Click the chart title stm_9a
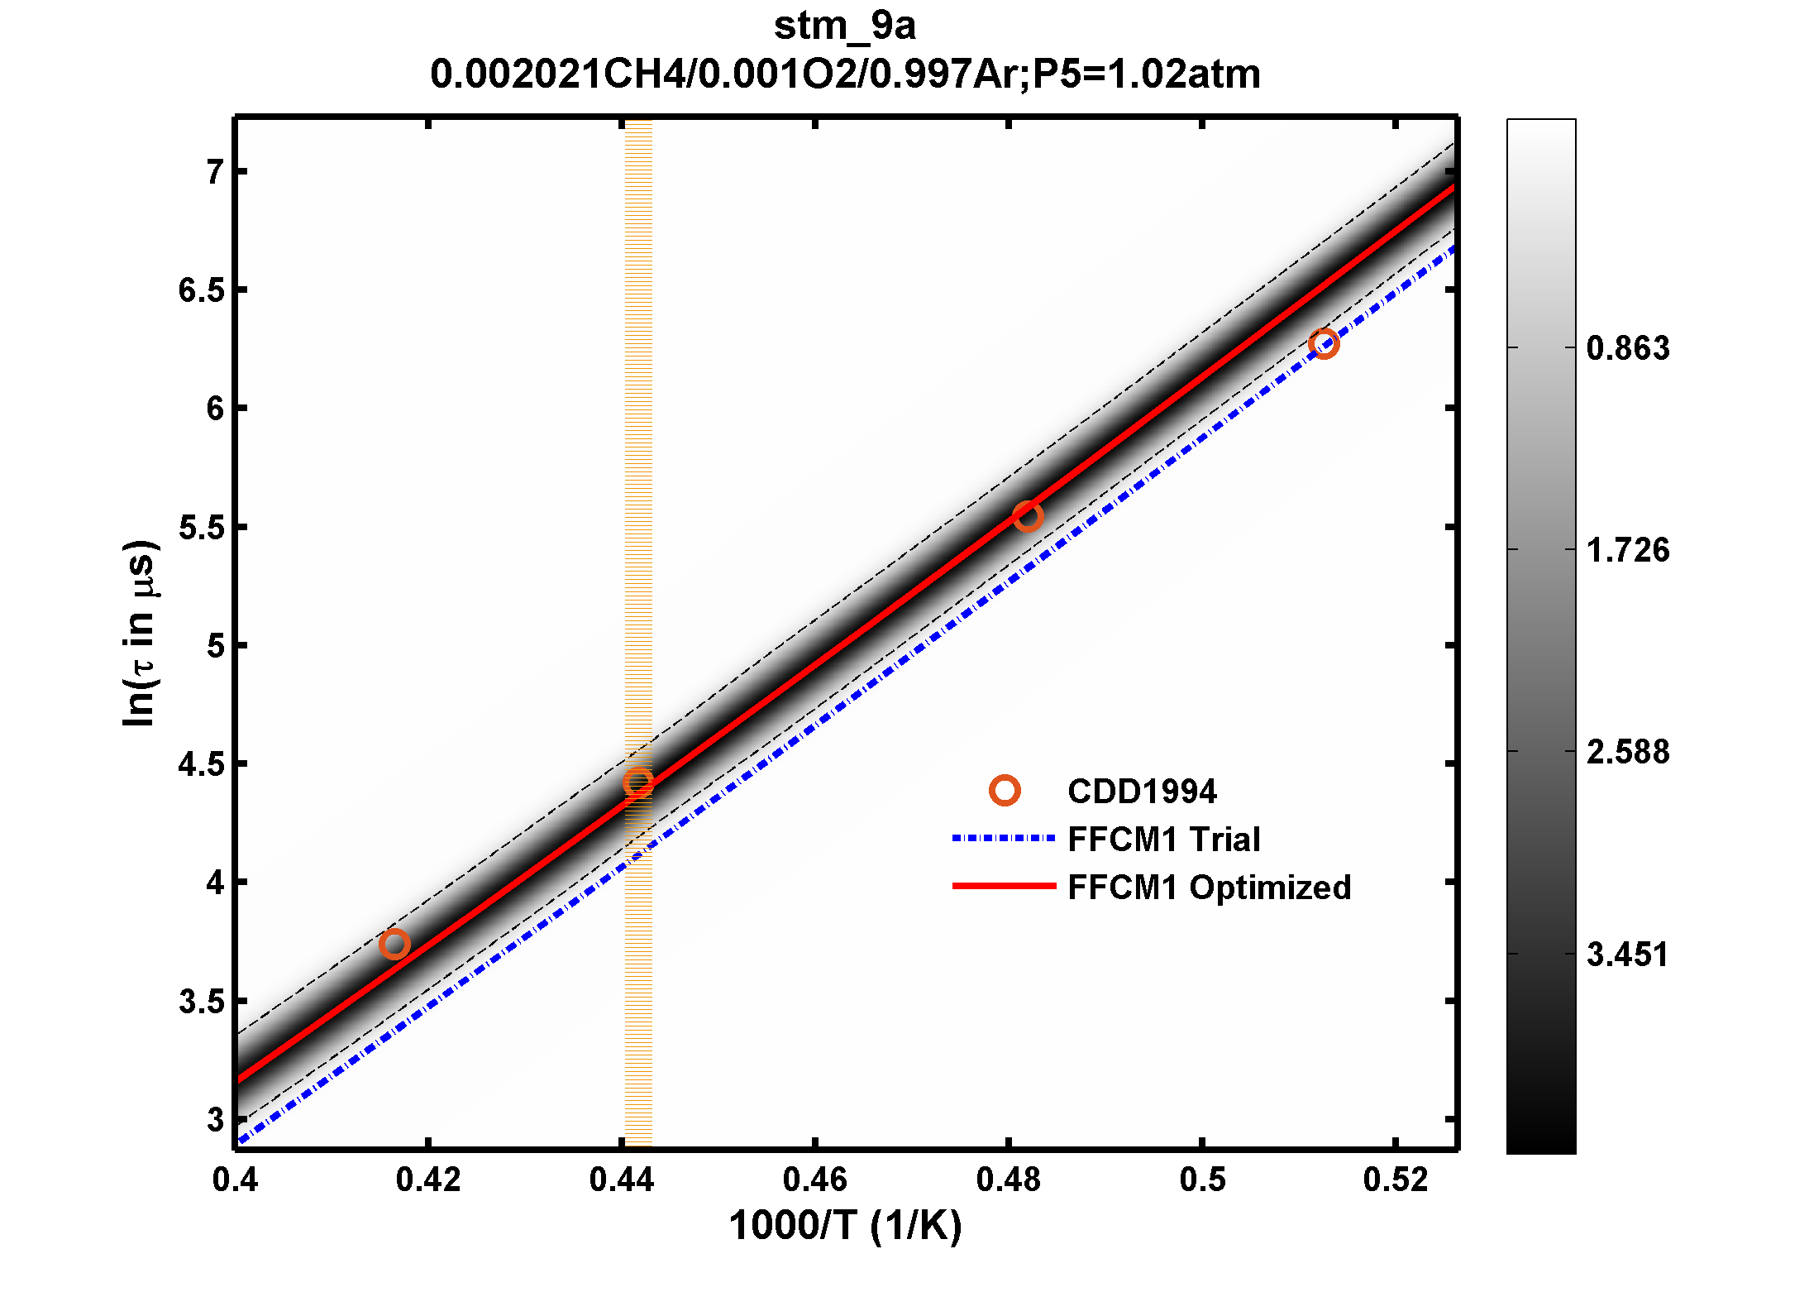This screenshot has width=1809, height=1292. pos(844,26)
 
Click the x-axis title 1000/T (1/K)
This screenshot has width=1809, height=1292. pos(845,1226)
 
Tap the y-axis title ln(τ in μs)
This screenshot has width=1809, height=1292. pos(140,634)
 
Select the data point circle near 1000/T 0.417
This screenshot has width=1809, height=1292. pos(394,944)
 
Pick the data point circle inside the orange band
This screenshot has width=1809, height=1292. pos(637,782)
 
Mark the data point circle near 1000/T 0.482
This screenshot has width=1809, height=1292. pos(1027,517)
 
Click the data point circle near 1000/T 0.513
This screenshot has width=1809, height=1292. pos(1324,343)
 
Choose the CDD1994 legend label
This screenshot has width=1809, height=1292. pos(1142,792)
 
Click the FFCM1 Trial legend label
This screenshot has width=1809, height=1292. pos(1163,840)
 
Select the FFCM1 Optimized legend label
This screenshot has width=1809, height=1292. pos(1209,888)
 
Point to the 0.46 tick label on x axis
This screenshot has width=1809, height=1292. pos(814,1180)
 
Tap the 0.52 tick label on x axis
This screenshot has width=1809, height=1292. pos(1396,1180)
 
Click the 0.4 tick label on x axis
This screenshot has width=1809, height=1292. pos(235,1180)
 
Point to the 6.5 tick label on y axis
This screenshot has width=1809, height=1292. pos(201,290)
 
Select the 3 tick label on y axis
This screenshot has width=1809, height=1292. pos(216,1119)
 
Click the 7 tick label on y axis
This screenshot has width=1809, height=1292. pos(216,172)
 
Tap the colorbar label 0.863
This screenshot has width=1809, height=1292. pos(1627,348)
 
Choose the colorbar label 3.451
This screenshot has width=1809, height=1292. pos(1627,955)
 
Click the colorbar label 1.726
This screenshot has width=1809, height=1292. pos(1627,550)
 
